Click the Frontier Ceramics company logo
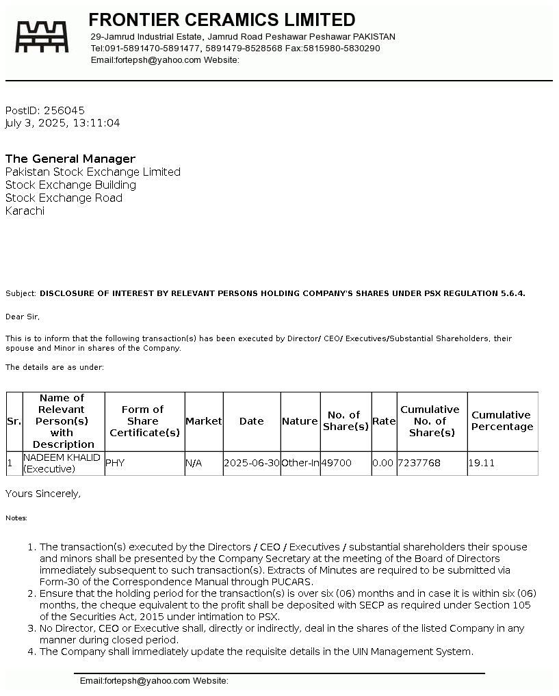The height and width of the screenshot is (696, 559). point(42,37)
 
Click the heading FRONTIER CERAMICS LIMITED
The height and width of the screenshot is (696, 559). point(222,20)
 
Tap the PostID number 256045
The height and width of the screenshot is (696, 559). point(64,110)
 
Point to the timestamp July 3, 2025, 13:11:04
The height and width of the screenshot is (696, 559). point(62,123)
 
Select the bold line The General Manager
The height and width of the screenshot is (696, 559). point(70,159)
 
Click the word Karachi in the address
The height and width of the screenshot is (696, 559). point(25,211)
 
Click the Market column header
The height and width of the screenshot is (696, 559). point(204,421)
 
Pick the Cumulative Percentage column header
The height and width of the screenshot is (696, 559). point(502,420)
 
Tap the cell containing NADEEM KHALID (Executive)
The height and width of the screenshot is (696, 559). point(62,463)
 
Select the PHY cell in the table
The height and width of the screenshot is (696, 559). point(115,463)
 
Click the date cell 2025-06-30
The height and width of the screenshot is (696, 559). point(252,463)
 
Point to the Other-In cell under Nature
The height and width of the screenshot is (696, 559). point(300,463)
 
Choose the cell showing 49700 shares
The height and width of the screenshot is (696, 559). point(337,463)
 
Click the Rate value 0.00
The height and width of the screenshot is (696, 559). point(383,463)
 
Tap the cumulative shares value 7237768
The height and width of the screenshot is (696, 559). point(419,463)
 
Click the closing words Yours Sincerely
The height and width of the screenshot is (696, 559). point(43,493)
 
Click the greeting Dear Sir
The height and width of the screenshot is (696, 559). point(23,317)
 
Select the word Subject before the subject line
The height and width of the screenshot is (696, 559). point(21,293)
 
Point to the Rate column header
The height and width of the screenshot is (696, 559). point(384,421)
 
